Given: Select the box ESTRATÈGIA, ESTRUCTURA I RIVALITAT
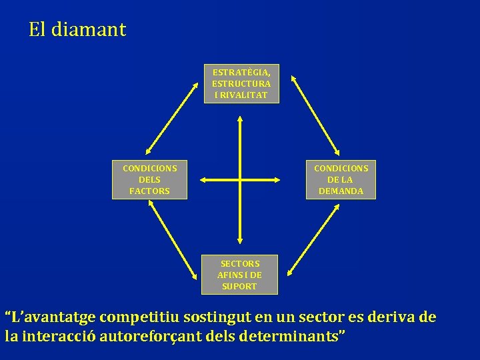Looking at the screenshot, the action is pos(241,83).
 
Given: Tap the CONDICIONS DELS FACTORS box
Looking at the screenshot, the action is pos(149,179).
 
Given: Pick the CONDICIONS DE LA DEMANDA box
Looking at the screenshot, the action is pos(341,179).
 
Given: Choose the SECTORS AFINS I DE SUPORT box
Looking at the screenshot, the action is pos(239,275).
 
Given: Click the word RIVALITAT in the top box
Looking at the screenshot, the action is pos(241,95).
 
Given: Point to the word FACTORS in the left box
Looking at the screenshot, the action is pos(149,191).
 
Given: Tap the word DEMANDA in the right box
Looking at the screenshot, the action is pos(341,191).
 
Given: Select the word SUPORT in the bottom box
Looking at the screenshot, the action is pos(239,287).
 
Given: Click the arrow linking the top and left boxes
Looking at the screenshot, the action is pos(173,117).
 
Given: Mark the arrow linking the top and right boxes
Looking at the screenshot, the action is pos(316,117).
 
